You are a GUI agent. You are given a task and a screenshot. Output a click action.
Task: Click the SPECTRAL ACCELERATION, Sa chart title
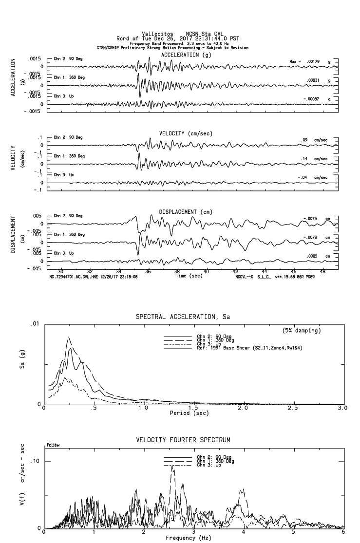(x=182, y=317)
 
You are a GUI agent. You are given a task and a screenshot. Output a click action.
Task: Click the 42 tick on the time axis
(x=236, y=271)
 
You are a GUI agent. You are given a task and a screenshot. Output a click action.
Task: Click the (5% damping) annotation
(x=302, y=331)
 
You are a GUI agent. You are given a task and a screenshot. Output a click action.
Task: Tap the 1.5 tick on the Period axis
(x=194, y=408)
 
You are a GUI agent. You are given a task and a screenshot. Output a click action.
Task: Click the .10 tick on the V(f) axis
(x=35, y=461)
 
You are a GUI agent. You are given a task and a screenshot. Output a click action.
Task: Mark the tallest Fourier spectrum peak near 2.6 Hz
(x=171, y=467)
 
